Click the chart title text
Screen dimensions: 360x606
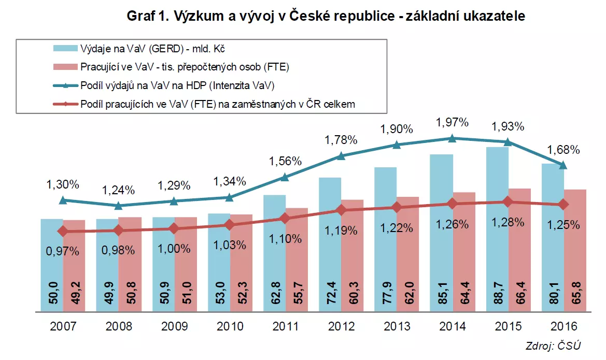coord(326,16)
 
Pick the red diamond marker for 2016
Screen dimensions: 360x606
coord(563,205)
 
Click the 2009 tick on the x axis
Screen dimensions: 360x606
coord(175,326)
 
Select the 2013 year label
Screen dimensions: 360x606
coord(397,326)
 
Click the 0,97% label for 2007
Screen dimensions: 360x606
coord(63,252)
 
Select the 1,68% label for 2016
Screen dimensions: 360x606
coord(564,150)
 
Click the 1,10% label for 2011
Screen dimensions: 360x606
coord(285,239)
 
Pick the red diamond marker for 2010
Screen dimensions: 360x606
coord(230,225)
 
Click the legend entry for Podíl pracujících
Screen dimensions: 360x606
coord(218,104)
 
